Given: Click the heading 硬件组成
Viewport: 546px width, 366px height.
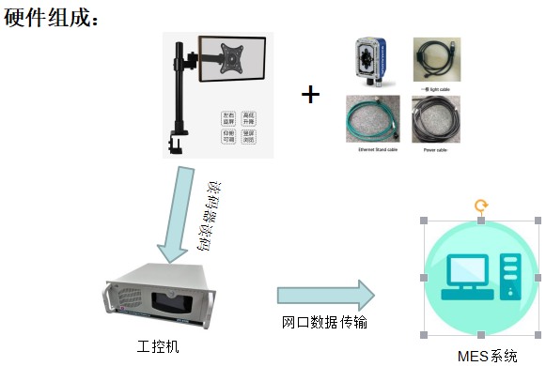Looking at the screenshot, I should click(x=52, y=17).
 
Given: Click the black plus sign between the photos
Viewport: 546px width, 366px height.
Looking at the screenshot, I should click(x=310, y=94).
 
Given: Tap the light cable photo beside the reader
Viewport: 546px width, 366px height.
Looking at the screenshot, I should click(x=436, y=59).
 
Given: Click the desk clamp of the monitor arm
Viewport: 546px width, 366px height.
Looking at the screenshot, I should click(x=176, y=141).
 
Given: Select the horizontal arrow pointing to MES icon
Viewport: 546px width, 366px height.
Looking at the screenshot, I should click(x=324, y=295).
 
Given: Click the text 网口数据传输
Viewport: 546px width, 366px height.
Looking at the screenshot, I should click(x=324, y=323).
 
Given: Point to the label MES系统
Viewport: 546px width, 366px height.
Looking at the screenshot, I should click(x=487, y=356).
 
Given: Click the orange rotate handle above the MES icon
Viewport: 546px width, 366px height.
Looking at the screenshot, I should click(x=480, y=205).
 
